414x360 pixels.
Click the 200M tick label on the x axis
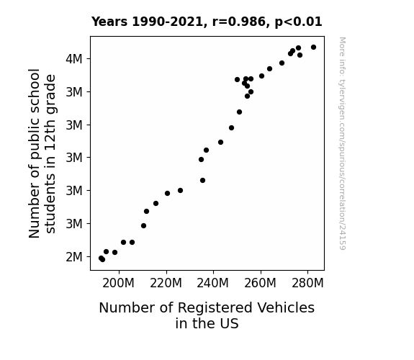pos(118,284)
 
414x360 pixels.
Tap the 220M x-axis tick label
pos(166,284)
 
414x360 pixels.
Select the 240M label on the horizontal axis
pos(213,284)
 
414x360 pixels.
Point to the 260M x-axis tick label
pos(260,284)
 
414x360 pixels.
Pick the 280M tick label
pos(307,284)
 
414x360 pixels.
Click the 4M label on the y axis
pos(74,59)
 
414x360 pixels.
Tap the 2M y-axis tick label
pos(74,257)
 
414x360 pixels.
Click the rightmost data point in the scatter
pos(313,48)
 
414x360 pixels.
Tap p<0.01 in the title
pos(298,22)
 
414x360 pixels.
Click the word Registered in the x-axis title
pos(215,308)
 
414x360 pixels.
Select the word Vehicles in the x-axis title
pos(286,308)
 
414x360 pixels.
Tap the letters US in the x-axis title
pos(230,323)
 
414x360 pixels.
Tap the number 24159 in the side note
pos(343,238)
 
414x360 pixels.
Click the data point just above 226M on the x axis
pos(180,190)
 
